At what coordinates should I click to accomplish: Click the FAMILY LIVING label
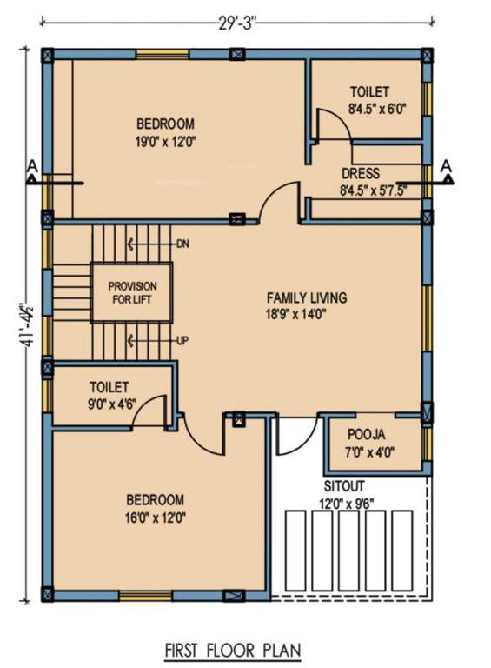[x=307, y=297]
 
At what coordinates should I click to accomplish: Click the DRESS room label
[x=360, y=173]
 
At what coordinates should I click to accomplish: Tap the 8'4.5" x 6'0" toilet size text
[x=377, y=109]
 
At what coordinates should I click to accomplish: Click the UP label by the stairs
[x=182, y=339]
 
